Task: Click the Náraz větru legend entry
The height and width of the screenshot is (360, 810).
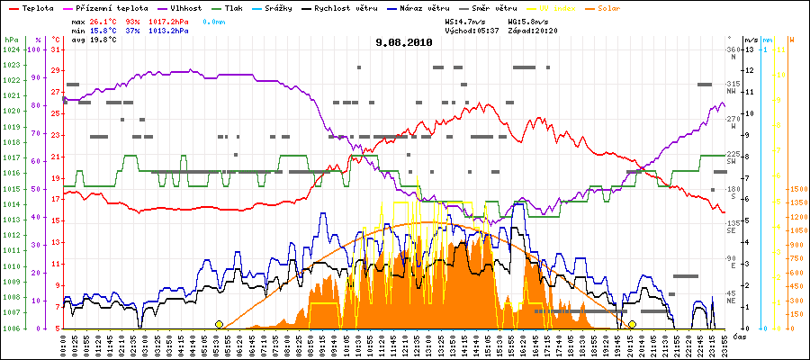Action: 415,6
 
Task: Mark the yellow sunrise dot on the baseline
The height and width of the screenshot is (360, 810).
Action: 219,324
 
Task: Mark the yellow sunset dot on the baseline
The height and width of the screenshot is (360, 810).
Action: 633,324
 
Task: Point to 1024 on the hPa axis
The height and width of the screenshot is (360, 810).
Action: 11,49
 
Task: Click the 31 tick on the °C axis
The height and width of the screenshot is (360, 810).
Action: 55,49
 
